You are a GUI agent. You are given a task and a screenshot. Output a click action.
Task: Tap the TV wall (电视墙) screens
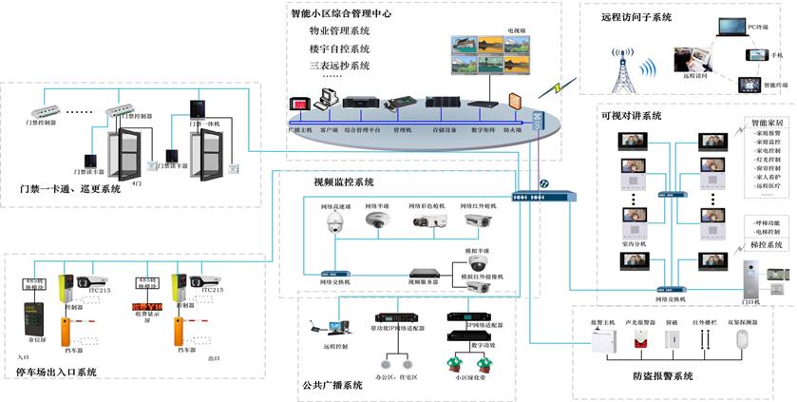coord(490,55)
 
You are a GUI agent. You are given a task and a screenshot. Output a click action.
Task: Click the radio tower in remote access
coord(621,66)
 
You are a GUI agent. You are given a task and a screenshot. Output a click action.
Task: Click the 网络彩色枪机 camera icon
coord(425,220)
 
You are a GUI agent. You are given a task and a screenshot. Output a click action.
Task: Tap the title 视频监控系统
coord(343,182)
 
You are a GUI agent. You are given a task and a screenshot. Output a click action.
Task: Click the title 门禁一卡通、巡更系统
coord(69,189)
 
